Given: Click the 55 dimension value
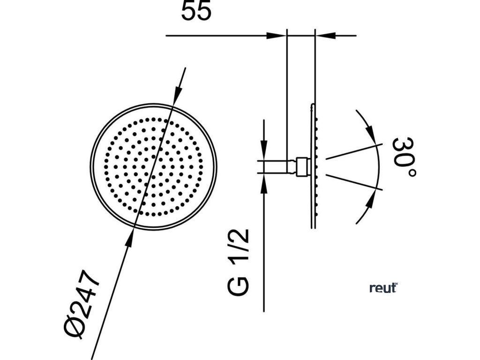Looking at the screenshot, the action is (x=196, y=12).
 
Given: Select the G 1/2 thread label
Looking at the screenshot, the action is (x=239, y=262).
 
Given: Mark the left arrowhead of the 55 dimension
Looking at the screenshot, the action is (x=277, y=35).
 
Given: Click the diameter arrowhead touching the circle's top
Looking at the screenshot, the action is (x=177, y=97).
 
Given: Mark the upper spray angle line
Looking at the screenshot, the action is (x=354, y=151).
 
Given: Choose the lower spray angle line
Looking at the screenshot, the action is (x=354, y=182).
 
